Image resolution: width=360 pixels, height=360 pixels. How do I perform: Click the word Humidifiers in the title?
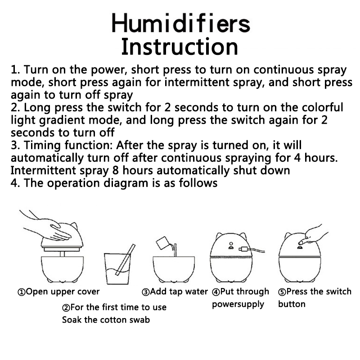click(181, 23)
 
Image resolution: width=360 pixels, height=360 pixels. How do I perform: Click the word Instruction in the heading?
click(180, 47)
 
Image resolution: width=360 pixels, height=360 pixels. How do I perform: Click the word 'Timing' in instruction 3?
click(42, 145)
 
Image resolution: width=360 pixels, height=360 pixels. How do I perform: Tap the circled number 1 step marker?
click(21, 292)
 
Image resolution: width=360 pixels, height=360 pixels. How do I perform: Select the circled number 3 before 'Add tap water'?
click(145, 292)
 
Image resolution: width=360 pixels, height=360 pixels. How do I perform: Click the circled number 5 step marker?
click(282, 292)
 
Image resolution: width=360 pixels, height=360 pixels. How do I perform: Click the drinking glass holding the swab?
click(117, 269)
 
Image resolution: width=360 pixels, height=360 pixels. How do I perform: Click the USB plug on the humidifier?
click(243, 249)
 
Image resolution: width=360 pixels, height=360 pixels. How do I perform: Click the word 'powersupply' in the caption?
click(238, 305)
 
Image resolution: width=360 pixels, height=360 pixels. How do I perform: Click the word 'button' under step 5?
click(292, 304)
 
